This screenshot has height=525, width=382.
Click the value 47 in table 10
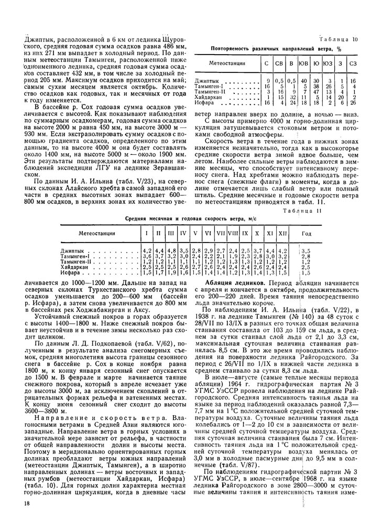coord(316,91)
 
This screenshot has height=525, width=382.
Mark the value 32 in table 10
coord(292,97)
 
